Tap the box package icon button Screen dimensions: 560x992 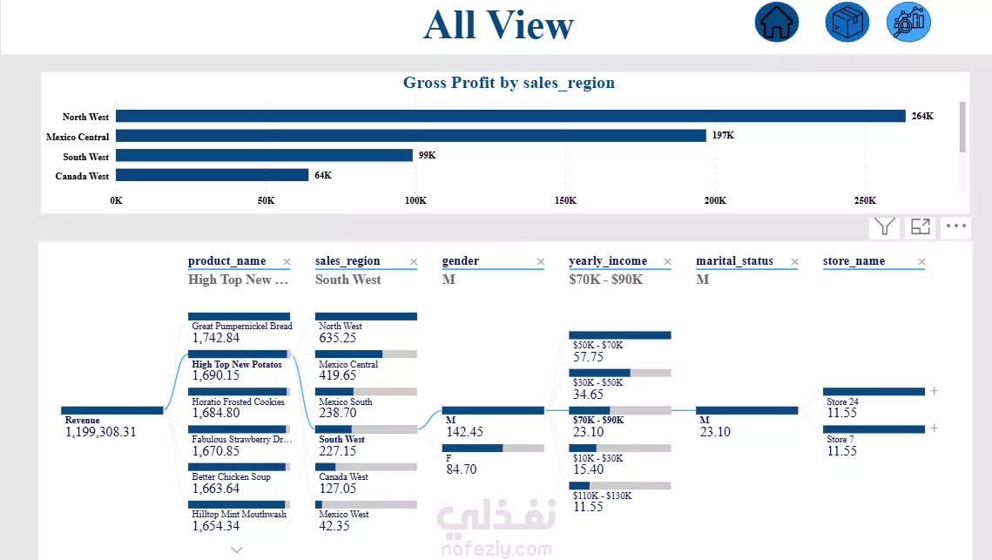click(x=847, y=22)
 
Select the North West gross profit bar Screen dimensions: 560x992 click(x=510, y=116)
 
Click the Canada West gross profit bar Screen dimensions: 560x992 click(x=212, y=175)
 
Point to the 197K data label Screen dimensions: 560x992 click(x=723, y=136)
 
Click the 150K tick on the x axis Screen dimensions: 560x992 click(x=565, y=200)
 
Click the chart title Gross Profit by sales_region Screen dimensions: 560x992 click(x=509, y=84)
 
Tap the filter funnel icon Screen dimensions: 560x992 click(x=885, y=226)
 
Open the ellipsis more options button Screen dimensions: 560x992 click(x=956, y=226)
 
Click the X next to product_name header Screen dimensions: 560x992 click(x=287, y=261)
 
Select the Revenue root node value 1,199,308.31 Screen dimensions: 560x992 click(x=101, y=431)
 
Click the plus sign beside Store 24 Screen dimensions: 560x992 click(x=935, y=391)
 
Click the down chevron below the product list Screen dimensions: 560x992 click(x=237, y=550)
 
